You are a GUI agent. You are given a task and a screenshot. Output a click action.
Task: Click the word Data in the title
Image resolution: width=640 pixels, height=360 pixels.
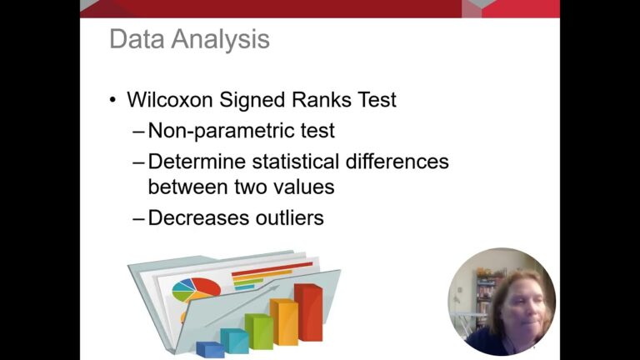pyautogui.click(x=137, y=39)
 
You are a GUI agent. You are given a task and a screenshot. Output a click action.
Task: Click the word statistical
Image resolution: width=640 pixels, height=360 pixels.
pyautogui.click(x=296, y=161)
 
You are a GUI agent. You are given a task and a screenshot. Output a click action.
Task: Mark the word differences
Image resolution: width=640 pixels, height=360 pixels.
pyautogui.click(x=397, y=161)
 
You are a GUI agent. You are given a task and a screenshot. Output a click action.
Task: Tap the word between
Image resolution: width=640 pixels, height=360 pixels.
pyautogui.click(x=187, y=187)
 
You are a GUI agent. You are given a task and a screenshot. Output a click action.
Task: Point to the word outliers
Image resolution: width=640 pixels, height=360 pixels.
pyautogui.click(x=289, y=217)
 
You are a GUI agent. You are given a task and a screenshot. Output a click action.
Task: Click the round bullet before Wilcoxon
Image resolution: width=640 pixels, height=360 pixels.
pyautogui.click(x=113, y=100)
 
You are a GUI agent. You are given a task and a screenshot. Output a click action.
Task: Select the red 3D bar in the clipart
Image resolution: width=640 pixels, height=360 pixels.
pyautogui.click(x=308, y=312)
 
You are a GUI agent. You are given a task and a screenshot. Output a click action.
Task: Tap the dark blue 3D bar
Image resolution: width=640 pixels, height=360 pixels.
pyautogui.click(x=210, y=349)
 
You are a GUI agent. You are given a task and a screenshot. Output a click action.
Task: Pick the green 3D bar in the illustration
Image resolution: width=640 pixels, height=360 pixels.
pyautogui.click(x=259, y=332)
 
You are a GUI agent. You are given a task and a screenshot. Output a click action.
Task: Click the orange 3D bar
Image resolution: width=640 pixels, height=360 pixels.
pyautogui.click(x=283, y=322)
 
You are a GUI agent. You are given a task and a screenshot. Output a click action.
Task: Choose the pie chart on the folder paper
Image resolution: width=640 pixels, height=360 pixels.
pyautogui.click(x=197, y=289)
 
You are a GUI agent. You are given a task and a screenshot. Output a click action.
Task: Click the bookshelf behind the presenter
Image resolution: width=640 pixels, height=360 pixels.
pyautogui.click(x=486, y=300)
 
